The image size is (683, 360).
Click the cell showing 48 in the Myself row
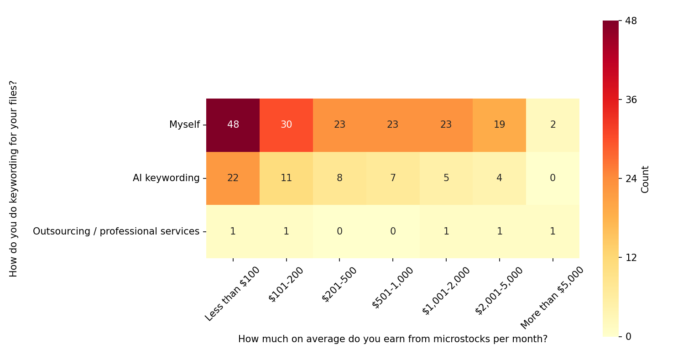[233, 125]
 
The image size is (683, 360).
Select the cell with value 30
[286, 125]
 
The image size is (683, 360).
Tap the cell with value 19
[499, 125]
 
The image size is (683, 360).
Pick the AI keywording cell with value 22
[233, 178]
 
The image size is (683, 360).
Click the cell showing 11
[286, 178]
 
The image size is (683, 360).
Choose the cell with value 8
[339, 178]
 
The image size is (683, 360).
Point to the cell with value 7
[393, 178]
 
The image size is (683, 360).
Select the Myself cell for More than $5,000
[553, 125]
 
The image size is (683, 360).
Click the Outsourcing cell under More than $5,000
[553, 231]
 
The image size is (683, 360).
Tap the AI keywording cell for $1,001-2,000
[446, 178]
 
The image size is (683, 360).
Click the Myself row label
[184, 125]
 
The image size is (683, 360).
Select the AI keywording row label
[166, 178]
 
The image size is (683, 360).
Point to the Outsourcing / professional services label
[116, 231]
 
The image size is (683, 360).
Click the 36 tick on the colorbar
[631, 100]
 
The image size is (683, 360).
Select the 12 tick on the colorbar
[631, 257]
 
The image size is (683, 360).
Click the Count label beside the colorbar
[645, 179]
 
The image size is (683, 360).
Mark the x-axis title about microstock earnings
[392, 339]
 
